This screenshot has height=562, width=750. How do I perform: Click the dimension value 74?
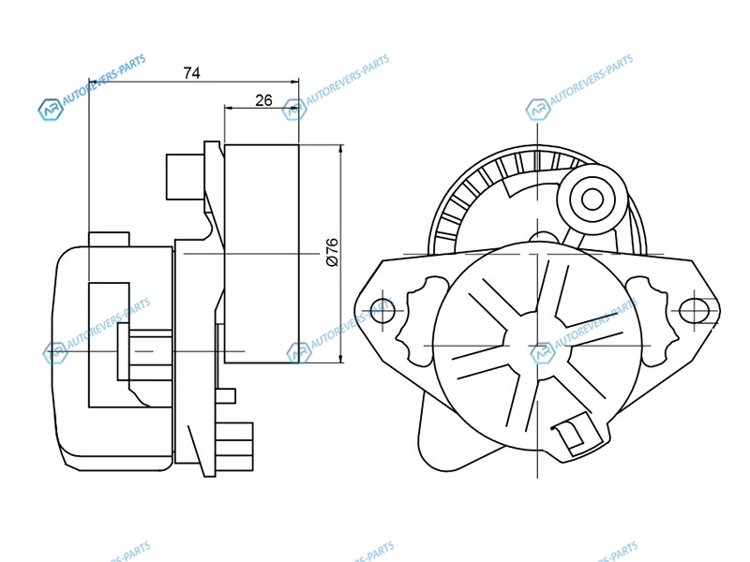click(x=191, y=73)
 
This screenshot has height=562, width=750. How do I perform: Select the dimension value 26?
click(x=263, y=100)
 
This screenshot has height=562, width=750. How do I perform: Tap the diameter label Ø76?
click(x=332, y=252)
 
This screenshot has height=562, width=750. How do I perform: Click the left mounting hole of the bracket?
click(x=382, y=311)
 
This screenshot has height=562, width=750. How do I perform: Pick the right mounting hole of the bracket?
click(x=694, y=311)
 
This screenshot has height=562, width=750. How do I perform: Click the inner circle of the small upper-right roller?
click(x=592, y=200)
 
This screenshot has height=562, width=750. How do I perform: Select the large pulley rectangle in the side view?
click(x=262, y=254)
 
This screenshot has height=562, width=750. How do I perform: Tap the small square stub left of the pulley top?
click(x=185, y=176)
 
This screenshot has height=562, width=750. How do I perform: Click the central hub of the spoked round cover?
click(x=538, y=346)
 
